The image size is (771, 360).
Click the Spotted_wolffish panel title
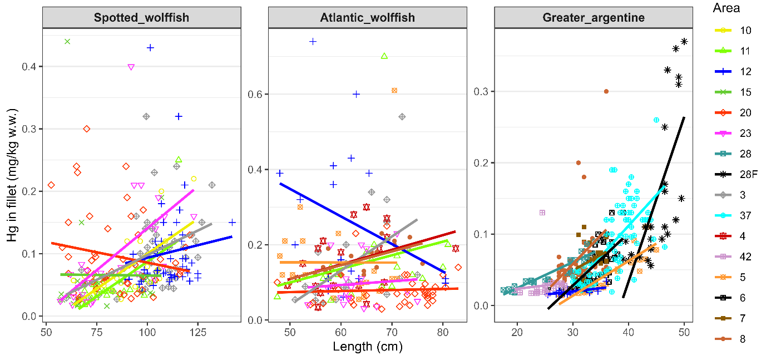click(x=141, y=18)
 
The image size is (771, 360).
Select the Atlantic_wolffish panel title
click(x=367, y=18)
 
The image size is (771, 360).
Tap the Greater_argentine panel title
click(x=594, y=18)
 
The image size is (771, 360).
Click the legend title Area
click(x=726, y=8)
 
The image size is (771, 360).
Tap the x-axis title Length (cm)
click(x=367, y=347)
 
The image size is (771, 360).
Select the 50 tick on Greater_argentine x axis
click(x=684, y=331)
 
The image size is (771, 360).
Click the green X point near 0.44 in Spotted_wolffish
click(x=67, y=41)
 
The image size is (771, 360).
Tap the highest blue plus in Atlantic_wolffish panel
click(x=313, y=41)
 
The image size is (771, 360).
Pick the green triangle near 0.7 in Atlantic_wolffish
click(x=384, y=56)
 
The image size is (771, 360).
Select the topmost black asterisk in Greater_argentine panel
click(x=684, y=41)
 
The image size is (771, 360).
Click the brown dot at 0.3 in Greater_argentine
click(x=606, y=91)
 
